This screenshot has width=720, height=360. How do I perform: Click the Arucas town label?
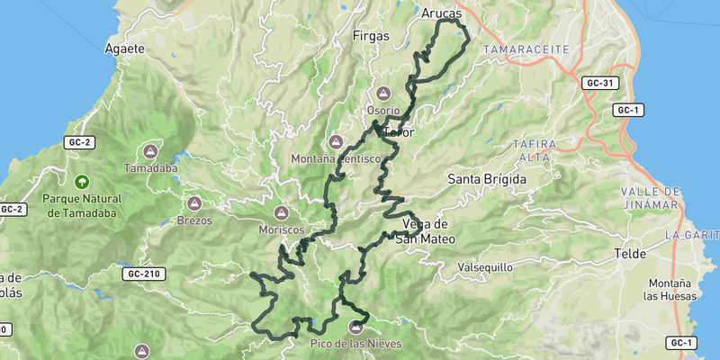tap(441, 13)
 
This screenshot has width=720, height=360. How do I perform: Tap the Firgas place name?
tap(372, 37)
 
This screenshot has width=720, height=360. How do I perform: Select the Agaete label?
tap(125, 49)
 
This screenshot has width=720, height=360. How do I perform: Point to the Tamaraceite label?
tap(519, 48)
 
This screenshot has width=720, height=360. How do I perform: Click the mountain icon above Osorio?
tap(383, 93)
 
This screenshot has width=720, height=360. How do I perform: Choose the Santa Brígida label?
tap(487, 179)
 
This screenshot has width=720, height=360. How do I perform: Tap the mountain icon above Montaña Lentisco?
tap(337, 142)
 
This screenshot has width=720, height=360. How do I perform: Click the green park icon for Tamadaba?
tap(82, 182)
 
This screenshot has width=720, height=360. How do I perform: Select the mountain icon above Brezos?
tap(195, 203)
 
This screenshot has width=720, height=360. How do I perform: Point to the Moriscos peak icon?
tap(281, 213)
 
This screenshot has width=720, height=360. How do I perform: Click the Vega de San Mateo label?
tap(426, 231)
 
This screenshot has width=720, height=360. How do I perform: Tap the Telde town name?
tap(630, 254)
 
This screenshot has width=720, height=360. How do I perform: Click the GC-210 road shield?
tap(145, 274)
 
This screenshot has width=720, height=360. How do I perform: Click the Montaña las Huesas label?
tap(668, 290)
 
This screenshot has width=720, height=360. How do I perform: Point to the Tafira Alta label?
tap(535, 149)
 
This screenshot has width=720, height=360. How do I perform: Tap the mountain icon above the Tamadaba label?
tap(150, 152)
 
